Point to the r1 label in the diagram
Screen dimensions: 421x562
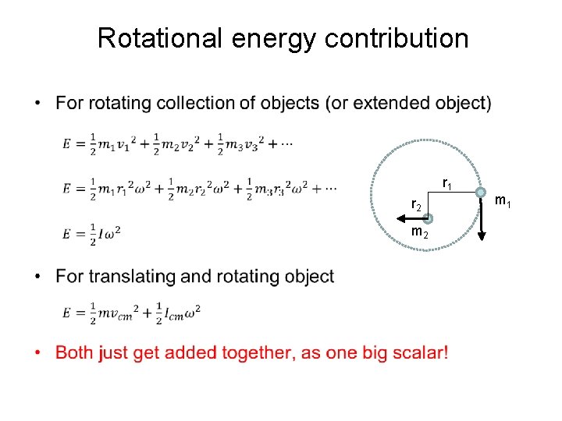447,184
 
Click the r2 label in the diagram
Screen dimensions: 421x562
417,205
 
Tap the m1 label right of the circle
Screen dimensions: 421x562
503,203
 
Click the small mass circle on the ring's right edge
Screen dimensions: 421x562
481,193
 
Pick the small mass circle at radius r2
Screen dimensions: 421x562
429,220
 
